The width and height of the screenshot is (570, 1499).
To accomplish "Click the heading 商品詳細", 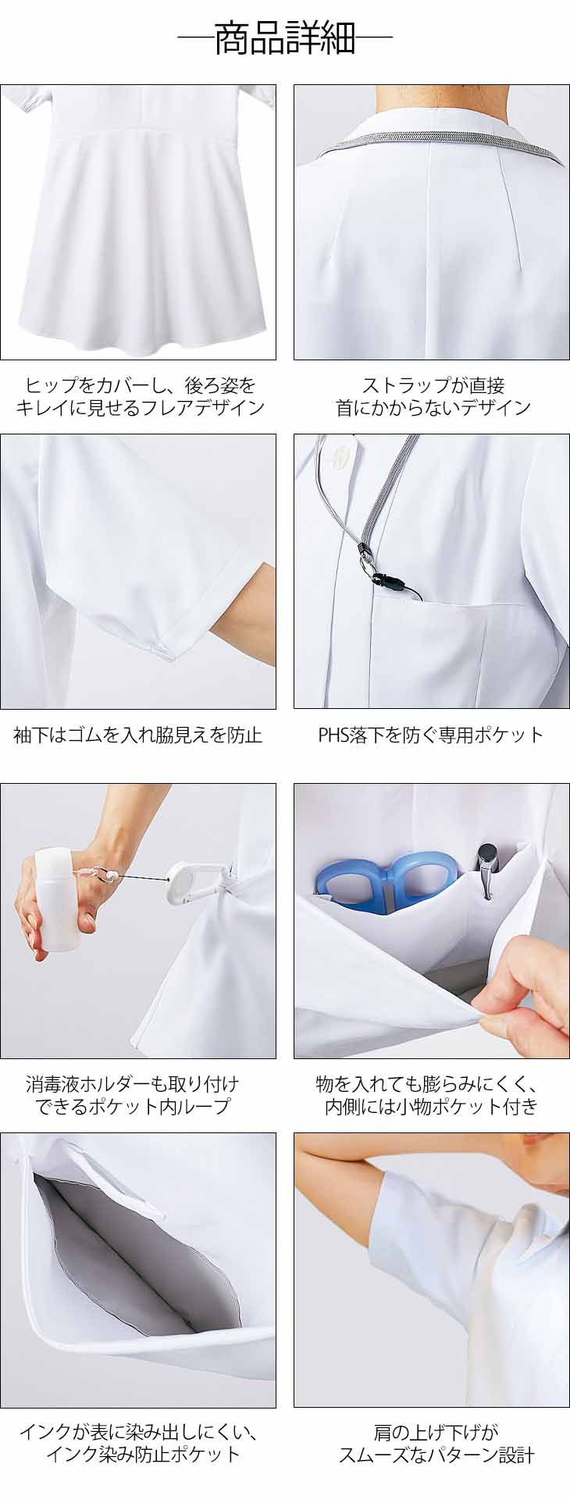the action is click(x=285, y=38).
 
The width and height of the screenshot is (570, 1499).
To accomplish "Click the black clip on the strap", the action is click(x=383, y=579).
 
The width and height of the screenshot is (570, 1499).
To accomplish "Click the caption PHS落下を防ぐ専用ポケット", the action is click(x=430, y=734).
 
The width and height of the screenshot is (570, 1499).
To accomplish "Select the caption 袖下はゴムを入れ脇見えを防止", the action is click(x=137, y=734).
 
